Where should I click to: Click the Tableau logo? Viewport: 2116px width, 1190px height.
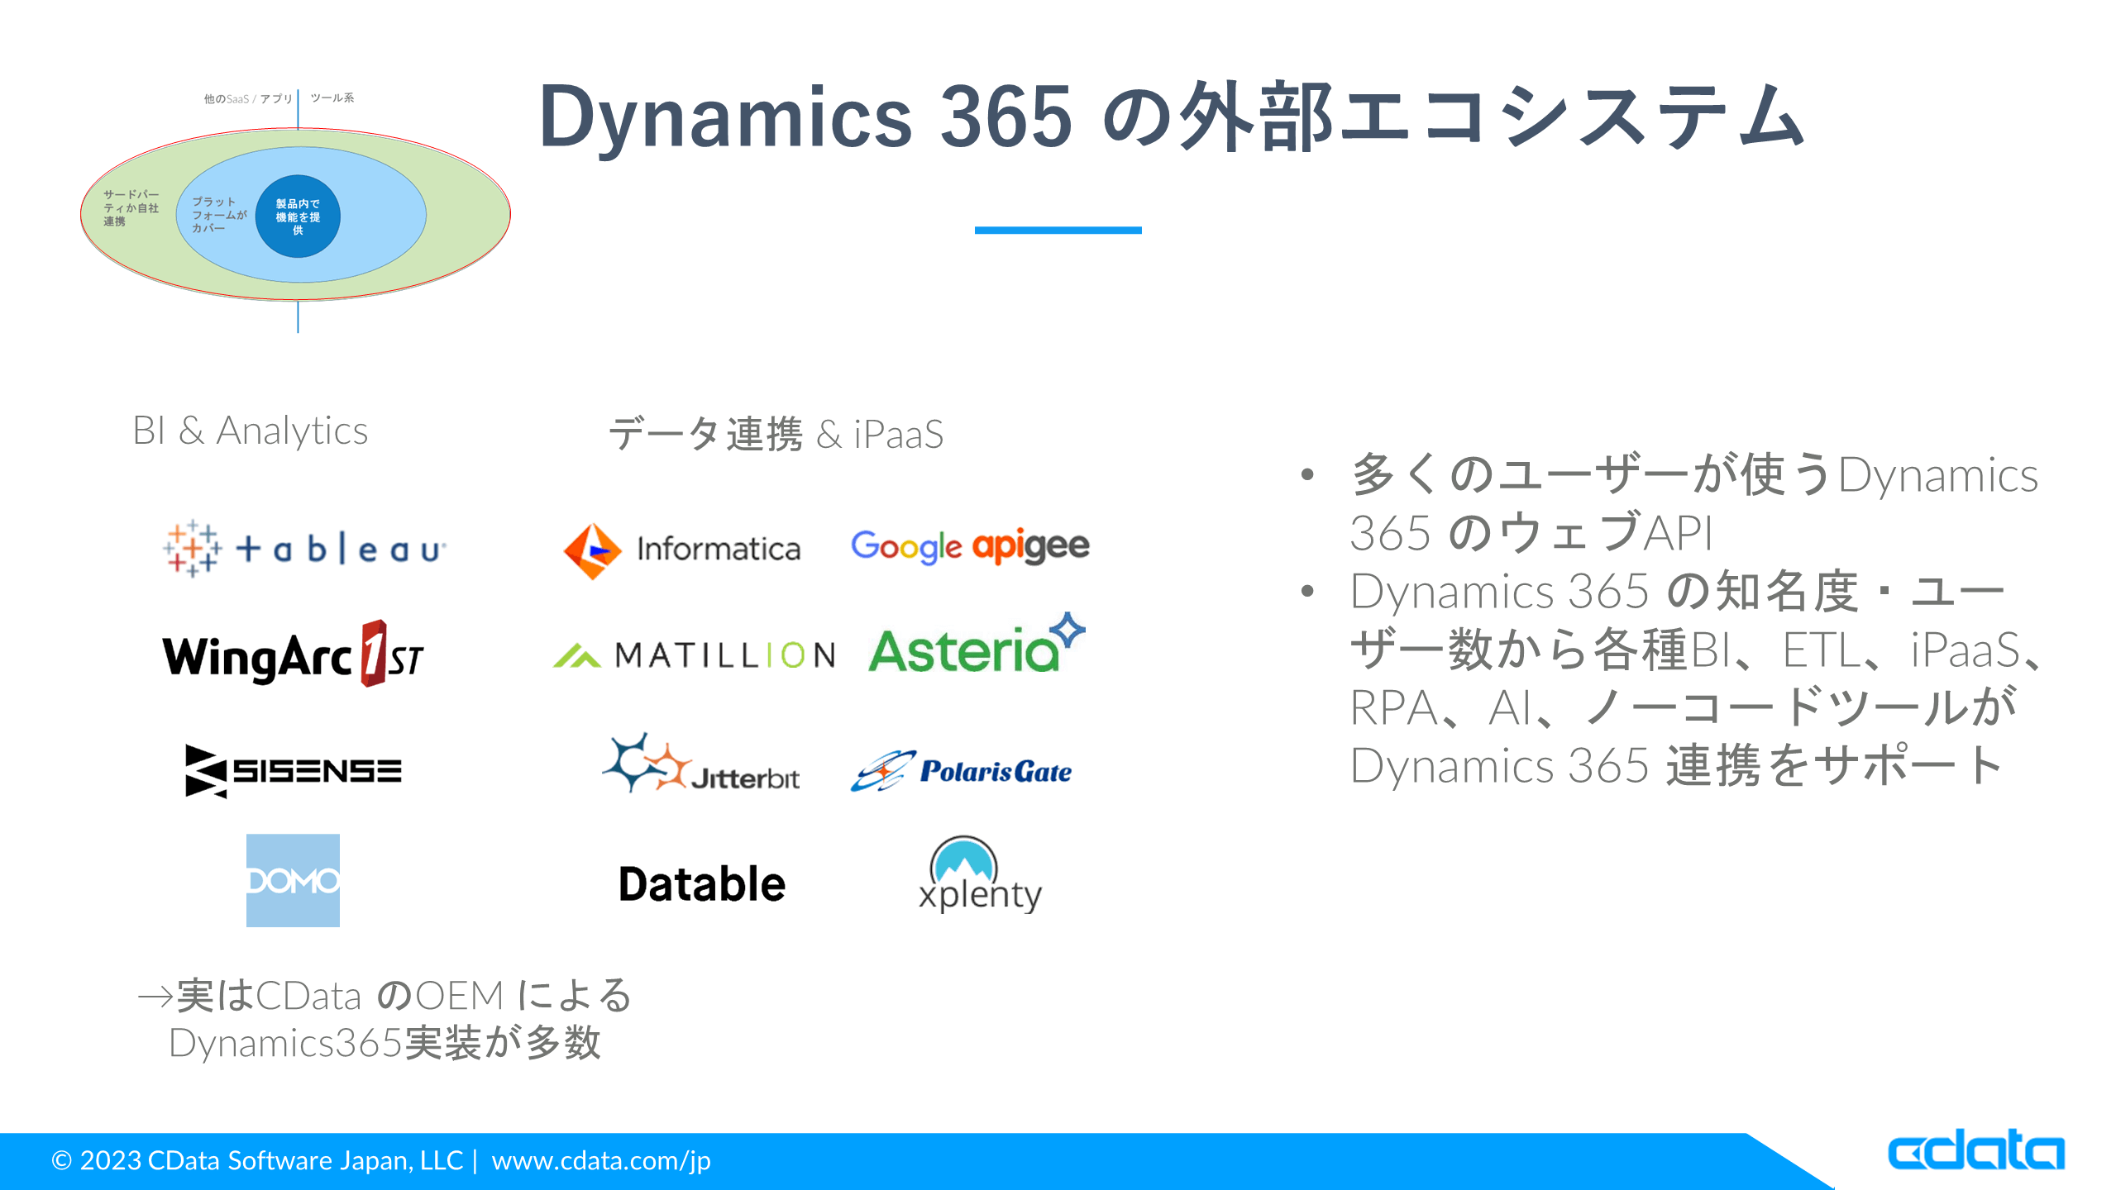point(304,549)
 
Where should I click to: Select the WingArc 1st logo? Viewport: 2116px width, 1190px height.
point(293,655)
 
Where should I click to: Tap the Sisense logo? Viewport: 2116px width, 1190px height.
point(294,771)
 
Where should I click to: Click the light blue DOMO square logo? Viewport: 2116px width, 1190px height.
point(293,880)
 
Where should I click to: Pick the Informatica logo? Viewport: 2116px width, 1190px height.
point(682,550)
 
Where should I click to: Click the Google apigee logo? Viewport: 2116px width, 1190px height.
point(970,546)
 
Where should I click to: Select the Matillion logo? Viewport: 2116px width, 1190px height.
point(695,655)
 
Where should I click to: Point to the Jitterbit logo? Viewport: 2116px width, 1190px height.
point(701,765)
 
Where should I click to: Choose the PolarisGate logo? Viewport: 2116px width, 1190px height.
point(962,771)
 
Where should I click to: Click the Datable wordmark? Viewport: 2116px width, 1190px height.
point(702,883)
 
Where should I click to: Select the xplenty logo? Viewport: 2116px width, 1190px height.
point(980,876)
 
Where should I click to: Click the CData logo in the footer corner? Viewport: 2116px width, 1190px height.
point(1975,1151)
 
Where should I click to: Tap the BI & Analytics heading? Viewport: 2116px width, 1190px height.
point(250,431)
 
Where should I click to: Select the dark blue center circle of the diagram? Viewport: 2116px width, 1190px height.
point(298,217)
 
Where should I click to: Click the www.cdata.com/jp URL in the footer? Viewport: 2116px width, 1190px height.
point(601,1160)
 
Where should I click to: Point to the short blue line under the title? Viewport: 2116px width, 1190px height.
point(1058,231)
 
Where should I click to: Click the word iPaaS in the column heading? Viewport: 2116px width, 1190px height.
point(898,435)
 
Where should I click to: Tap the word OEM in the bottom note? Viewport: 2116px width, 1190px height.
point(460,996)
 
